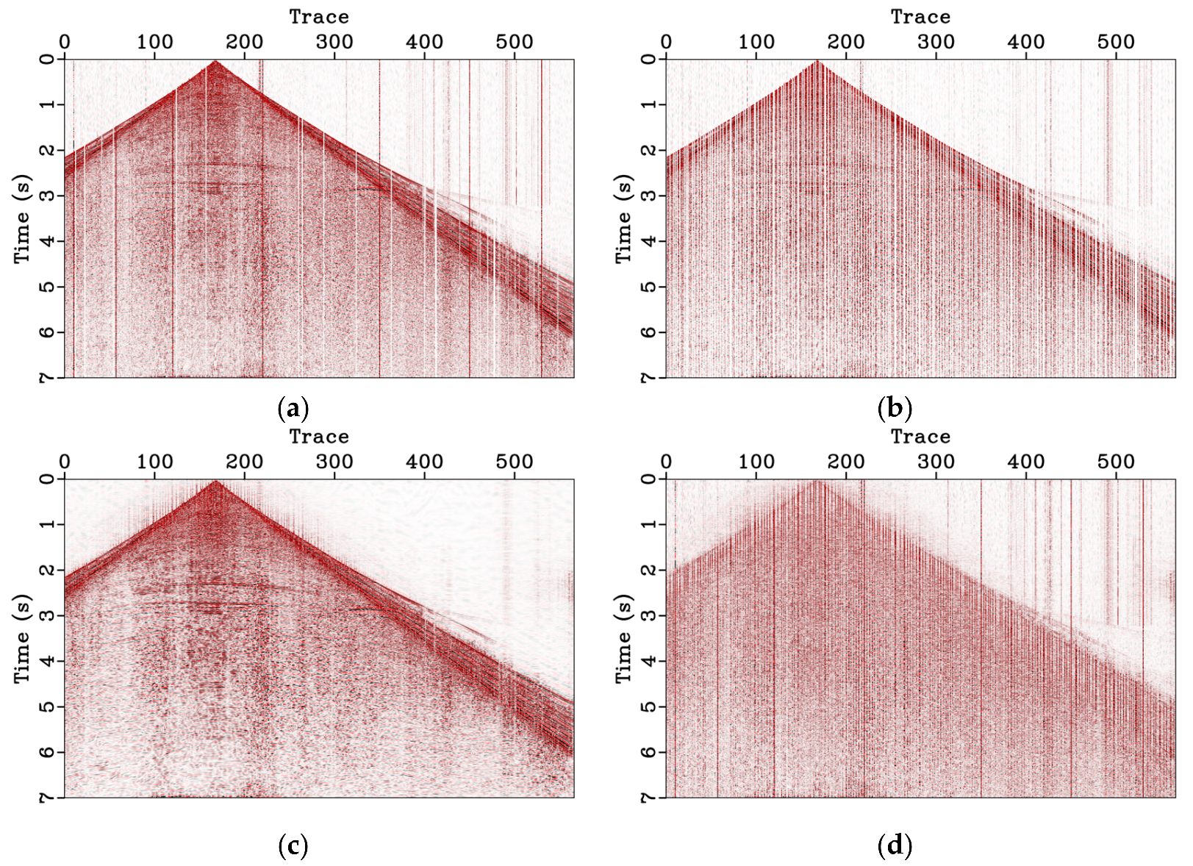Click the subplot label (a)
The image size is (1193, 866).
click(293, 408)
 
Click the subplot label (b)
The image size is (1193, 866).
click(895, 408)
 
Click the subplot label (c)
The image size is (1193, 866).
click(293, 846)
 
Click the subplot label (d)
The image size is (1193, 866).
click(895, 846)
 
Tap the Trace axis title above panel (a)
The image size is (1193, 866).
click(319, 16)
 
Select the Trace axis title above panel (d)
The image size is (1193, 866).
click(920, 436)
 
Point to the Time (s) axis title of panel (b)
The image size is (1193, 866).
click(623, 219)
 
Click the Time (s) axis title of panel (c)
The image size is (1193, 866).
click(22, 639)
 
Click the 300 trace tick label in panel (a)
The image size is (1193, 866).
click(334, 42)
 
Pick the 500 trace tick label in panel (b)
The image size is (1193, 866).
click(1116, 42)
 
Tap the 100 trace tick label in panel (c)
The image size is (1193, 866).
click(154, 462)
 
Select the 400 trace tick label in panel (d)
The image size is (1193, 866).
click(1026, 462)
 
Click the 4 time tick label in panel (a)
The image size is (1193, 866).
click(48, 241)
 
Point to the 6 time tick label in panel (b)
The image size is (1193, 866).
click(649, 332)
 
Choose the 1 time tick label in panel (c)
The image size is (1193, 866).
click(48, 524)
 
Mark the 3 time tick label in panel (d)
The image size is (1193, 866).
click(649, 615)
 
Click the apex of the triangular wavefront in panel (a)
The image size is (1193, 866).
click(215, 62)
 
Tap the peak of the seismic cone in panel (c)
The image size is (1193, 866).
click(215, 482)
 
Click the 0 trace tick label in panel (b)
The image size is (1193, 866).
click(666, 42)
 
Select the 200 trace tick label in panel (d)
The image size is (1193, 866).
click(846, 462)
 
